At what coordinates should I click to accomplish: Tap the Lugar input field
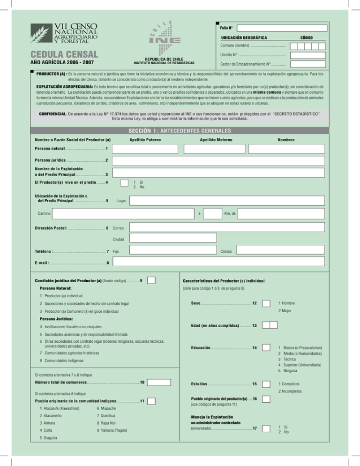227,200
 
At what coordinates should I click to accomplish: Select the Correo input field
227,227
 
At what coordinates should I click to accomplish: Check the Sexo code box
266,303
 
